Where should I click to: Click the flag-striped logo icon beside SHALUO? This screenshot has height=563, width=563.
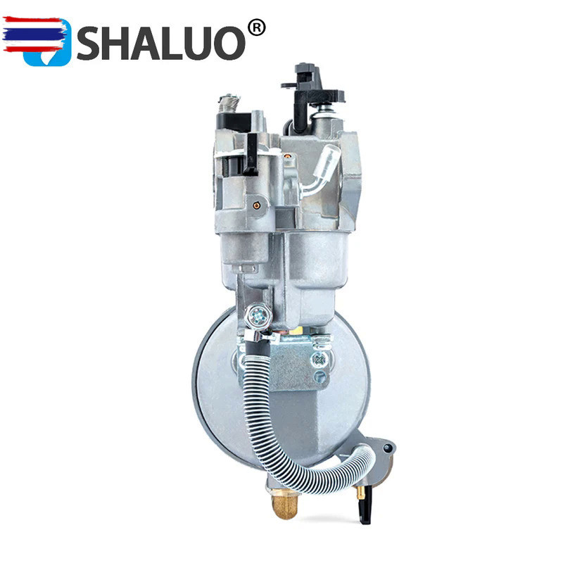pos(37,40)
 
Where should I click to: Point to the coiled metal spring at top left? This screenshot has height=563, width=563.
pos(227,106)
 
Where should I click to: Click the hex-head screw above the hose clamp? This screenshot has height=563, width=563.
pos(259,316)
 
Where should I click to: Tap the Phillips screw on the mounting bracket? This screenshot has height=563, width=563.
pos(320,360)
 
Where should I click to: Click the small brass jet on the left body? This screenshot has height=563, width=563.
pos(258,205)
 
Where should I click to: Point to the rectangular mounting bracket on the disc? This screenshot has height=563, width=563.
pos(296,362)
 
